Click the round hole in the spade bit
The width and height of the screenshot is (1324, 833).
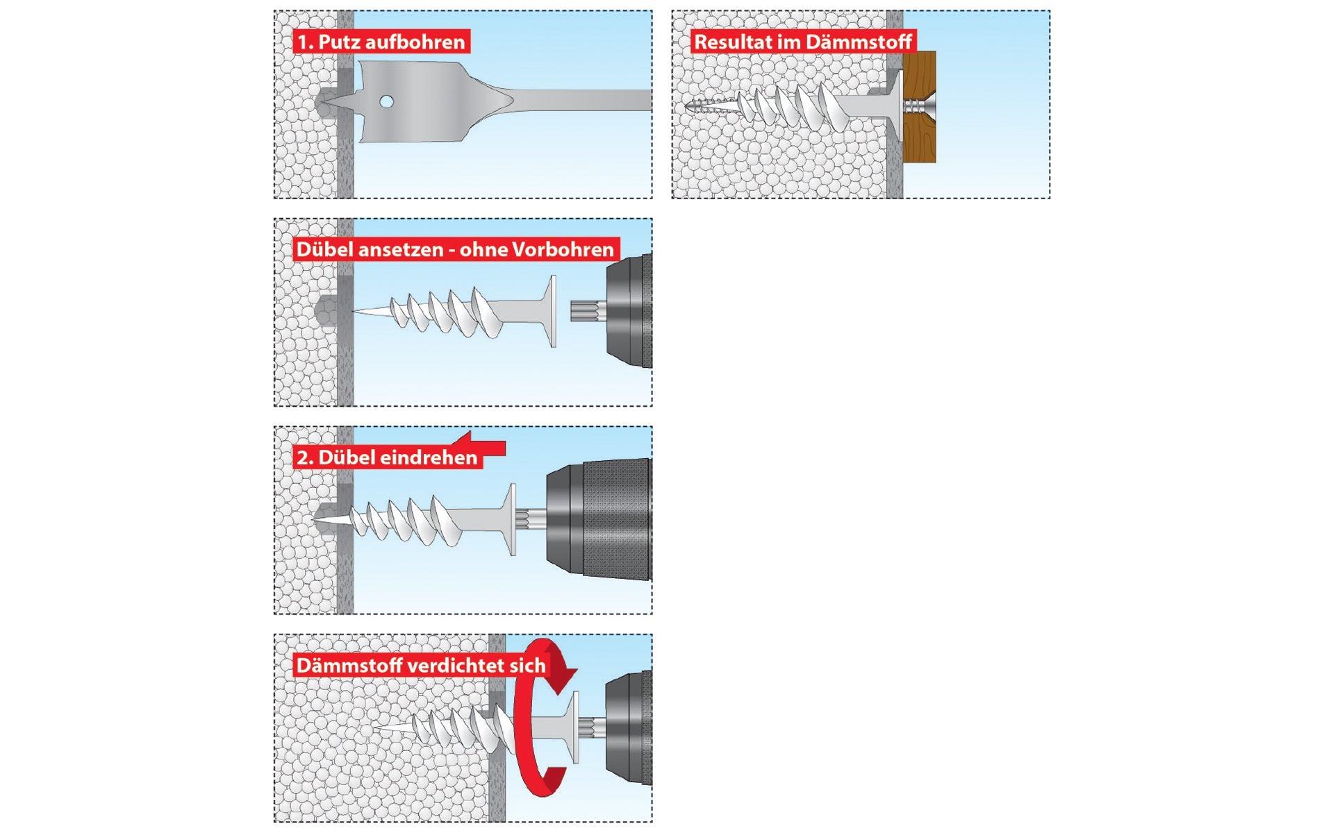click(386, 102)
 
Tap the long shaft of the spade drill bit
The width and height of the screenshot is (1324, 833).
click(584, 100)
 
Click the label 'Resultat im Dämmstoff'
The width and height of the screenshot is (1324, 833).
click(802, 42)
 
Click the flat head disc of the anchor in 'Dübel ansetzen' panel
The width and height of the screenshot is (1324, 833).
click(553, 311)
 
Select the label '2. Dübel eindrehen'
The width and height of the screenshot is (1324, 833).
click(387, 458)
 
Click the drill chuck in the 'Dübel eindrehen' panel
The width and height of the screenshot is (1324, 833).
click(597, 519)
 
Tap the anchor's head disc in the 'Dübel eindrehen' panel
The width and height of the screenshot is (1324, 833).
click(513, 519)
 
